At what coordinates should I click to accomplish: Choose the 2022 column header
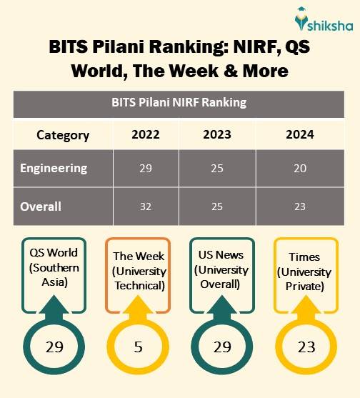146,135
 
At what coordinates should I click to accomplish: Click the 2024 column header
299,135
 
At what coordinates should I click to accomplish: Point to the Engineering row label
54,169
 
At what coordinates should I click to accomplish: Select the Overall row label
41,207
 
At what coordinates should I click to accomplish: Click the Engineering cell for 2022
146,169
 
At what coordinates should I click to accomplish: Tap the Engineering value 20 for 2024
299,169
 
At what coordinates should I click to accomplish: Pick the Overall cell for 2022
146,207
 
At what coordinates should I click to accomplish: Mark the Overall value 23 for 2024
299,207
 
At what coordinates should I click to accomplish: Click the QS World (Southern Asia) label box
54,269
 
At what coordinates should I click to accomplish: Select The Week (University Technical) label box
139,271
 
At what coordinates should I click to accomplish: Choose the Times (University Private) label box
305,272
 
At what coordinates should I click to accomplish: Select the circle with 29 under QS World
54,347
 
